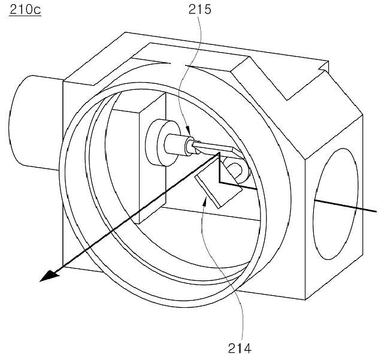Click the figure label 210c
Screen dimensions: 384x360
pyautogui.click(x=25, y=10)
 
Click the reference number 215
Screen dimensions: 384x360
pyautogui.click(x=199, y=10)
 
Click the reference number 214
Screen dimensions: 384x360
pyautogui.click(x=240, y=348)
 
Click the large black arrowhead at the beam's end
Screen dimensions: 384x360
pyautogui.click(x=50, y=276)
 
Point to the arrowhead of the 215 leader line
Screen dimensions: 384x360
pyautogui.click(x=188, y=131)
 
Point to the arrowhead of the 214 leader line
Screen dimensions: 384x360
pyautogui.click(x=205, y=202)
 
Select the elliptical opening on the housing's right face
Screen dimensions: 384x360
pyautogui.click(x=336, y=204)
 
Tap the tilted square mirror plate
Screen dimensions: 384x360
pyautogui.click(x=218, y=183)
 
